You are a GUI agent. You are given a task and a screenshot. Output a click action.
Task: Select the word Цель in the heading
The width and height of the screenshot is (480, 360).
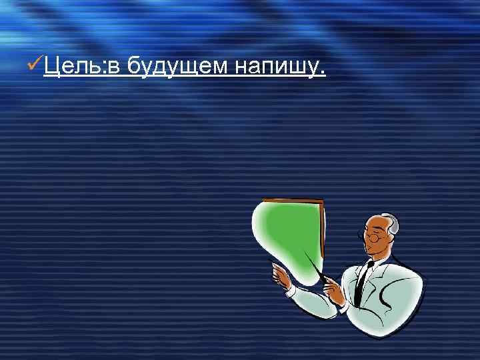(x=70, y=67)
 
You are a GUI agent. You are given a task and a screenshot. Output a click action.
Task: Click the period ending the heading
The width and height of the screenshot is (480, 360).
(x=323, y=73)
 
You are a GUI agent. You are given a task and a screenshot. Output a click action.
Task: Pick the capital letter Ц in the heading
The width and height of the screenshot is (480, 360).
(x=52, y=67)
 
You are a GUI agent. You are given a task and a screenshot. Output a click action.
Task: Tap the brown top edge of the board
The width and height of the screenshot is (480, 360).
(x=293, y=199)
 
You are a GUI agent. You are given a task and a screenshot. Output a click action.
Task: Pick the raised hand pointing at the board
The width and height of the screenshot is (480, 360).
(x=279, y=273)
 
